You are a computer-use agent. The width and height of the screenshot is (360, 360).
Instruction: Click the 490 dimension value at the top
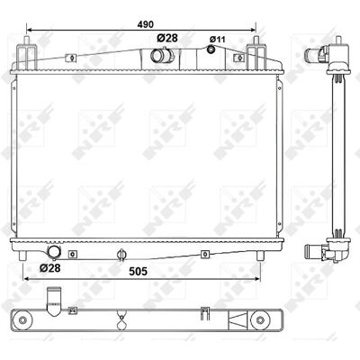click(146, 24)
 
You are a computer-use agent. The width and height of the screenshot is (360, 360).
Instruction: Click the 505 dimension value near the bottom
click(138, 272)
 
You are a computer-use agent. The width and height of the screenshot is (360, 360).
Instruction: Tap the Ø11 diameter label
click(218, 39)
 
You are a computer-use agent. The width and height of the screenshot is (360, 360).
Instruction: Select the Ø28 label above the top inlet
click(167, 38)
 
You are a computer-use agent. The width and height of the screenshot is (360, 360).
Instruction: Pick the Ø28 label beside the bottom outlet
click(50, 267)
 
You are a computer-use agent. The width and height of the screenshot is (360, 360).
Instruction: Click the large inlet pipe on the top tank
click(162, 55)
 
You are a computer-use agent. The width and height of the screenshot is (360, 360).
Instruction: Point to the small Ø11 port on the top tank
click(211, 49)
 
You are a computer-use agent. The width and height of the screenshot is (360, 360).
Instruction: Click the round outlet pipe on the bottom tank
click(54, 252)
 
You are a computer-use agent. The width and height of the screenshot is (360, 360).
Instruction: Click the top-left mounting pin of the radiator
click(27, 40)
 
